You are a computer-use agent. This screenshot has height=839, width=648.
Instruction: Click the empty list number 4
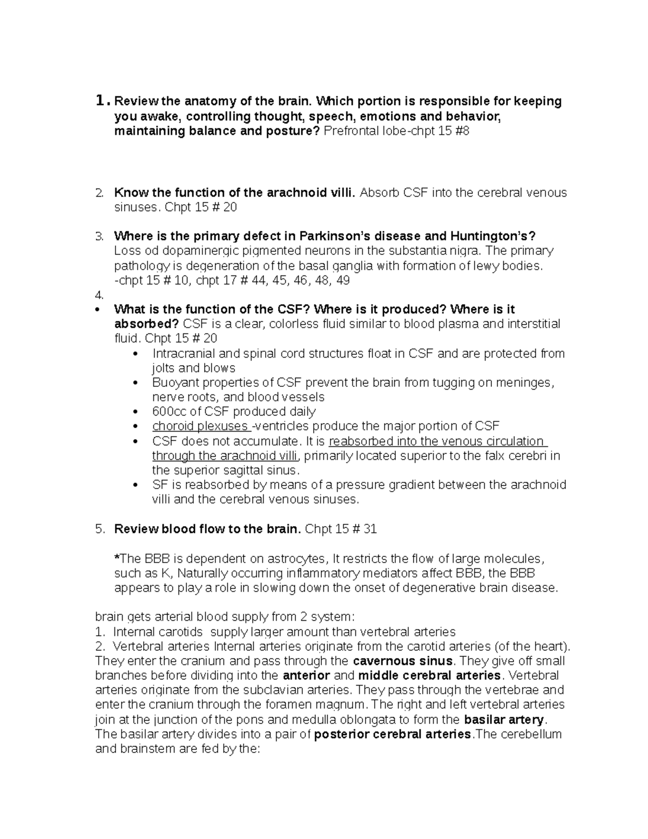tap(98, 295)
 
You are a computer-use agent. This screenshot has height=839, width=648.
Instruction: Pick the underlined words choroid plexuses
tap(200, 426)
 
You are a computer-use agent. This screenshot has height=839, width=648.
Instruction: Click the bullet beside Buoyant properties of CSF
tap(136, 383)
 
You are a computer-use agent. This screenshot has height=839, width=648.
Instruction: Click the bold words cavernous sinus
tap(403, 661)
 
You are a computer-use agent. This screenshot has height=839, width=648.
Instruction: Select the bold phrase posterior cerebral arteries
tap(393, 734)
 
